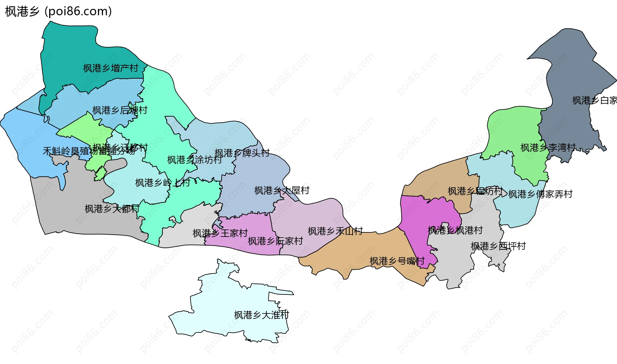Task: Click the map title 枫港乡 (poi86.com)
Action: [58, 12]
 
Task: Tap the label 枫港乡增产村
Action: [111, 68]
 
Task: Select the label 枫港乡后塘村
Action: [120, 110]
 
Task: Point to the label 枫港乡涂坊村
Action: [194, 160]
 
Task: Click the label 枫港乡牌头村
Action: [242, 153]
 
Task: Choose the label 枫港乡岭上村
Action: [163, 183]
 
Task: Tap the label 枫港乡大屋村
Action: [282, 191]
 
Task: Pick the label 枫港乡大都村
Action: [112, 209]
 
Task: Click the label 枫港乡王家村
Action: [220, 233]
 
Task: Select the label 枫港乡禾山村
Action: [335, 231]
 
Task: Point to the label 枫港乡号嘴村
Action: [397, 261]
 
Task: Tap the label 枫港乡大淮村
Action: [262, 315]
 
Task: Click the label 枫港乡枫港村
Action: [455, 230]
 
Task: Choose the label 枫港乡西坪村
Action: [498, 246]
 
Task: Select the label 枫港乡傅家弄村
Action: [541, 194]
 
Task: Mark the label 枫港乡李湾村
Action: [548, 148]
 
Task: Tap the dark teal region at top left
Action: [74, 51]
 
